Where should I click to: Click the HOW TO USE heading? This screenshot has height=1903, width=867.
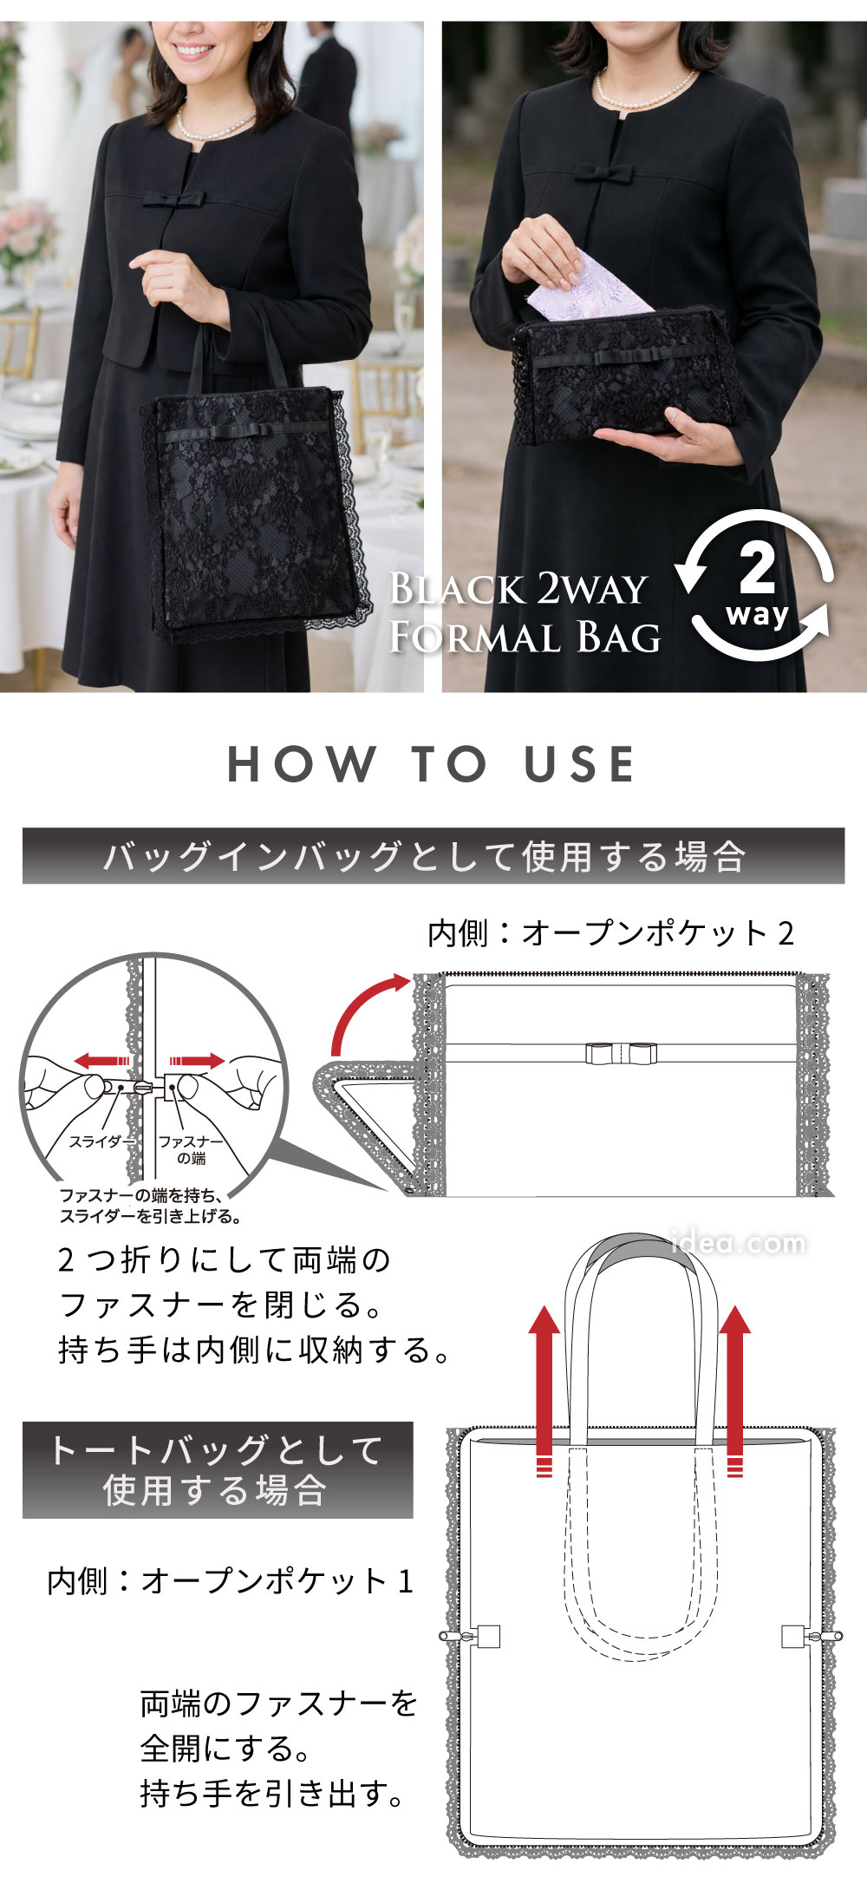point(431,764)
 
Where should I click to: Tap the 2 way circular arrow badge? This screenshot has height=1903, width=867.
point(757,585)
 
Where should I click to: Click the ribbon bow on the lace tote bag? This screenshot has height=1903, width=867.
point(216,431)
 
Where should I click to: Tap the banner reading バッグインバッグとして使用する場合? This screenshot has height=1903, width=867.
point(433,856)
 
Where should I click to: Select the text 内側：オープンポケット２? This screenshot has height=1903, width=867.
point(610,933)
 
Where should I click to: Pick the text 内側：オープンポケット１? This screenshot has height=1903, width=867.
point(230,1581)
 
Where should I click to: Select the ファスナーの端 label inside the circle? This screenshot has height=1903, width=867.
point(190,1149)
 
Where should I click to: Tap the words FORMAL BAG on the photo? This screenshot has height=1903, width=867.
point(525,638)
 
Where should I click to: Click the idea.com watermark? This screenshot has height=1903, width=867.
point(740,1243)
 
